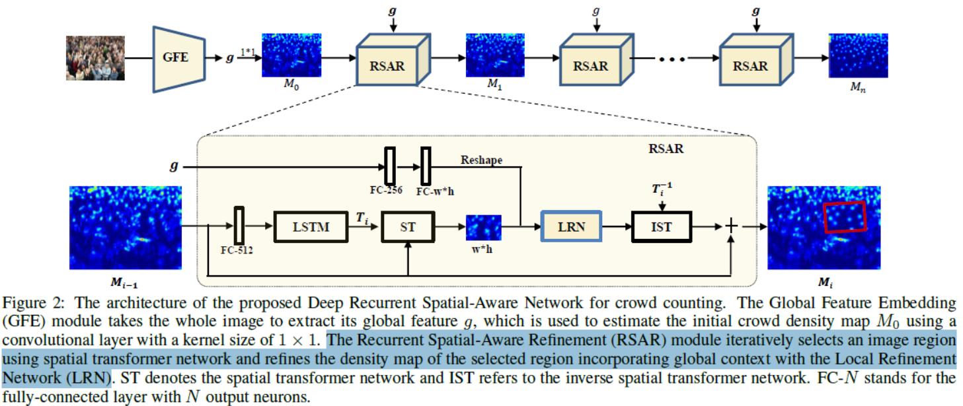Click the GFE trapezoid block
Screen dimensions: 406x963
[174, 58]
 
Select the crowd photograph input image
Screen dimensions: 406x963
[95, 58]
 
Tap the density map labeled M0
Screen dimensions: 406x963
[291, 55]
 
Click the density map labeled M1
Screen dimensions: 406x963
[494, 55]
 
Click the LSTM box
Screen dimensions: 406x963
[310, 226]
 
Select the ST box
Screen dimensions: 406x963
[408, 226]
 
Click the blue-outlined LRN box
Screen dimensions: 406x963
[572, 226]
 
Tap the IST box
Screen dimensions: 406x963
[661, 226]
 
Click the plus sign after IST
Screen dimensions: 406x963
[731, 226]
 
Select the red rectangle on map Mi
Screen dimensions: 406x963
[845, 217]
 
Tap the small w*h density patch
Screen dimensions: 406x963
[484, 226]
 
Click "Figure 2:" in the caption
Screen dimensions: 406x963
[32, 304]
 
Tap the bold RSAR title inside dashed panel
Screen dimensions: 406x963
[666, 149]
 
